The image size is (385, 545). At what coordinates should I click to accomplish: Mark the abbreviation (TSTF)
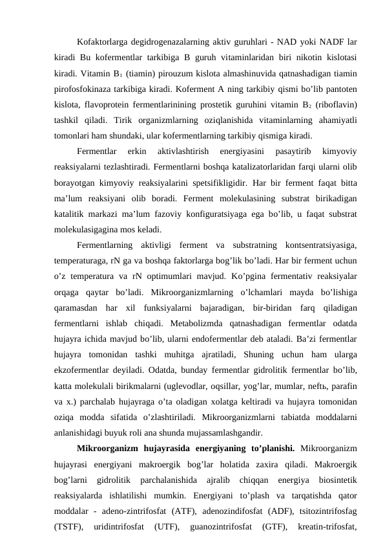pos(68,524)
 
